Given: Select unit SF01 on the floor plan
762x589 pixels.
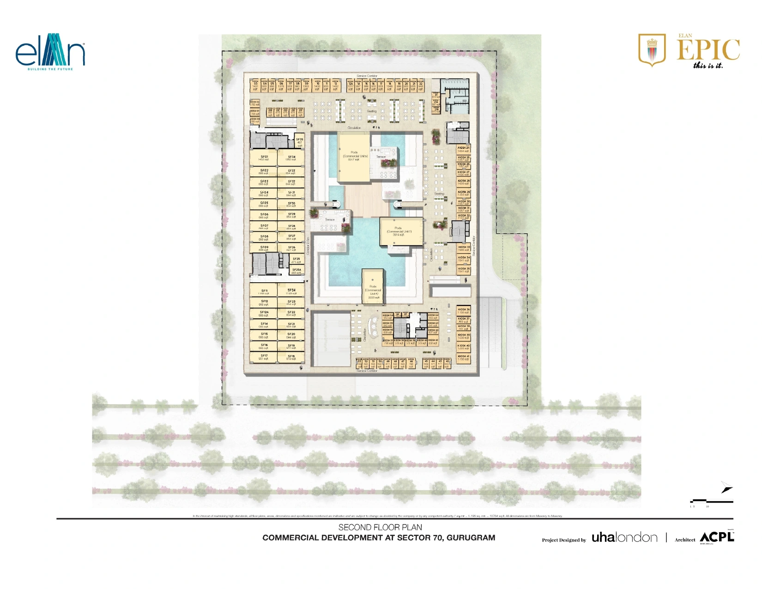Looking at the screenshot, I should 264,158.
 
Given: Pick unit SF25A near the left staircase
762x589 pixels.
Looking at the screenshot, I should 296,271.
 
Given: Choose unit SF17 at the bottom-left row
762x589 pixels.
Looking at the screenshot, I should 264,357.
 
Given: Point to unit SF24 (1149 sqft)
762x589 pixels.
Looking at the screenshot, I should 291,291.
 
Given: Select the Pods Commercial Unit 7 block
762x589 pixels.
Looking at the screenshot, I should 401,231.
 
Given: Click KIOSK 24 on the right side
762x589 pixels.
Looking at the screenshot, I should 463,149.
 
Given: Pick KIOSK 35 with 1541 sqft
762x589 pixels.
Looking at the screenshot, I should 464,270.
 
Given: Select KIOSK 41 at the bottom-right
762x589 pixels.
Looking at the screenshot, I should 463,358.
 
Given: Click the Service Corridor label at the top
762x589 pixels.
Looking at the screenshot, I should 367,76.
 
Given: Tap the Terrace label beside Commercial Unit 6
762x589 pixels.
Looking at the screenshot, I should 381,157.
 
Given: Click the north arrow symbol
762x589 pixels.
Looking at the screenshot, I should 726,487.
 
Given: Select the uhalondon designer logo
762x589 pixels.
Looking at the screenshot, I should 624,537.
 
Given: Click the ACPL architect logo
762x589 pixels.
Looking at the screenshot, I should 716,537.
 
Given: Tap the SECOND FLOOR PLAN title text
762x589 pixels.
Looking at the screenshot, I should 380,527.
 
